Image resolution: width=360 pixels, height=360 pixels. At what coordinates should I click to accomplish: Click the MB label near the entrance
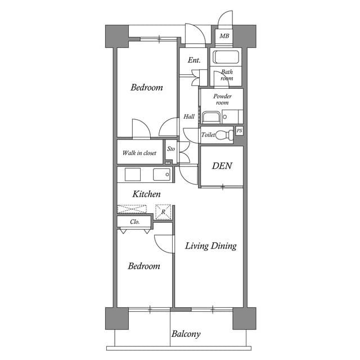224,37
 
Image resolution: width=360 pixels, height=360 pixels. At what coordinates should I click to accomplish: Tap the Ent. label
195,60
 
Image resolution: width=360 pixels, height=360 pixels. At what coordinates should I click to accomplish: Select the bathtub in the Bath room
226,57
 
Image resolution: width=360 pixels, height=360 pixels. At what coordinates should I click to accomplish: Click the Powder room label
222,100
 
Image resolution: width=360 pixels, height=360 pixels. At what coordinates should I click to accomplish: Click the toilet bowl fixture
226,135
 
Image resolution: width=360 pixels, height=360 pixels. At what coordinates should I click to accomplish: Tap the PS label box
240,131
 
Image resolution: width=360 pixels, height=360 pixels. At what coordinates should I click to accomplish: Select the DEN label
222,166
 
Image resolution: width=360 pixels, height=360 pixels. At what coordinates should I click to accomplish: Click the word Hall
189,117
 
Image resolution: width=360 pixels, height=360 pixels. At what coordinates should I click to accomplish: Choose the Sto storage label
171,149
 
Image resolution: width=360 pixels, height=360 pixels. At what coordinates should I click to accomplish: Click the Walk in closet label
139,152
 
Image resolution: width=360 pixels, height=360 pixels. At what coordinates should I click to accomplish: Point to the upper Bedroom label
147,88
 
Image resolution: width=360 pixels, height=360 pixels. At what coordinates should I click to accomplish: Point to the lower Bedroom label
143,266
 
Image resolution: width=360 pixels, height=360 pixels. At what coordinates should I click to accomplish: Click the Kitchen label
147,194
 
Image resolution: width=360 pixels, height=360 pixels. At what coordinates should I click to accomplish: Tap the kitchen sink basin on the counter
162,174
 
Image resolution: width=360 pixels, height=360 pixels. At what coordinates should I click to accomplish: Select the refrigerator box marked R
163,212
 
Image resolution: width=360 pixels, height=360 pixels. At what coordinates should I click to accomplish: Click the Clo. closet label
134,222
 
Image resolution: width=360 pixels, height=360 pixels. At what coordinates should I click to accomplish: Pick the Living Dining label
211,246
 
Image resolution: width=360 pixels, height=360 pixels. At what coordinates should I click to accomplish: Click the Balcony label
186,334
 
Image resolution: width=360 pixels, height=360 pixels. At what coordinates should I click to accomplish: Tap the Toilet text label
208,135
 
